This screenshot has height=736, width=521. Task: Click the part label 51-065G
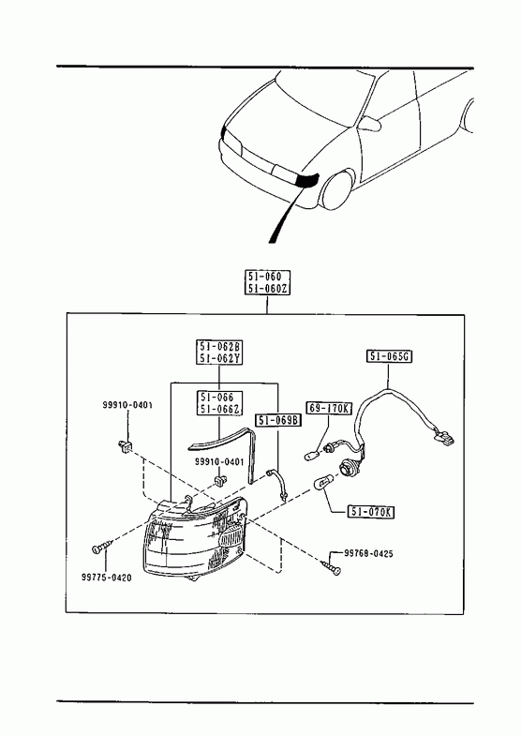389,356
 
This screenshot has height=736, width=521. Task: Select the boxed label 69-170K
329,409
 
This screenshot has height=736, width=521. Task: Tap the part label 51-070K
370,512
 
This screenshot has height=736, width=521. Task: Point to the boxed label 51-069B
278,420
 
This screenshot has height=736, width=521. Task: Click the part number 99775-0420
107,578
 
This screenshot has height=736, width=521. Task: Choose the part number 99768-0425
368,554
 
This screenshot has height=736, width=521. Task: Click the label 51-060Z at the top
267,289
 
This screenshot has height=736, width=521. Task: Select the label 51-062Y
219,358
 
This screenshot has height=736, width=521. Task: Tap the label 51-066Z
220,409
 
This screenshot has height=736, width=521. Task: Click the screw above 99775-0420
102,548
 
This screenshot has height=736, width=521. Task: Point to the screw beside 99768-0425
332,566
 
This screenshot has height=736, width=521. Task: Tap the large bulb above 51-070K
321,482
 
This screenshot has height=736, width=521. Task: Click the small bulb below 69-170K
311,455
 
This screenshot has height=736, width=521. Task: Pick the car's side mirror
369,125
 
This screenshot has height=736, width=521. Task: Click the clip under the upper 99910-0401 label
125,446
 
